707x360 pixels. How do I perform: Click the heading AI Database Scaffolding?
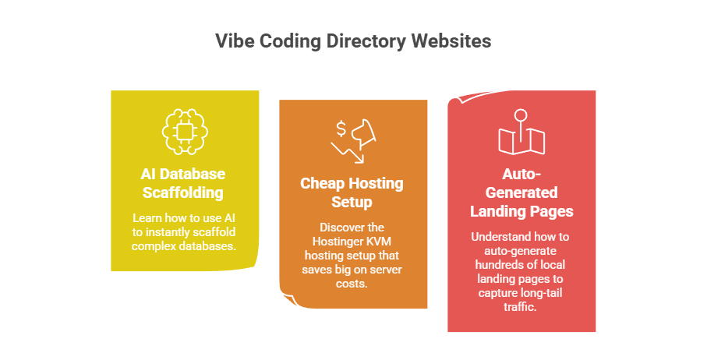pyautogui.click(x=184, y=182)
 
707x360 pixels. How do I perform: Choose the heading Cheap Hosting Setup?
pyautogui.click(x=352, y=192)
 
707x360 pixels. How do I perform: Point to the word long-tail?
pyautogui.click(x=539, y=292)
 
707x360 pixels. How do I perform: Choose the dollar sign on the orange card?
pyautogui.click(x=341, y=127)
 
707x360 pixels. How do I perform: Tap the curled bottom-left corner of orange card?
pyautogui.click(x=286, y=297)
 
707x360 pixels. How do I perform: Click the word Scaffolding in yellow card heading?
pyautogui.click(x=184, y=191)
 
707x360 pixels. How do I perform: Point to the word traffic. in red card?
pyautogui.click(x=521, y=306)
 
